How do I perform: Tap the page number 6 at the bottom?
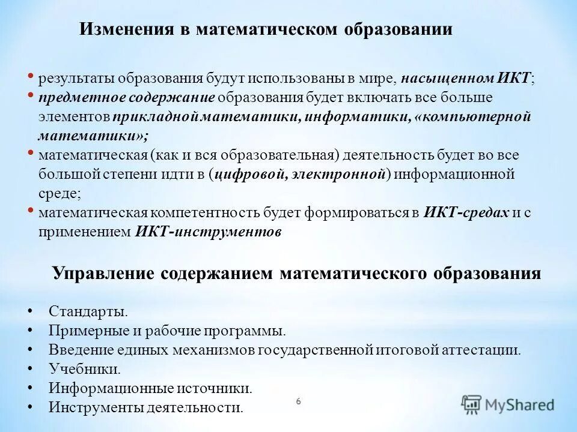(298, 400)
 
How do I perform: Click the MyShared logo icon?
(472, 404)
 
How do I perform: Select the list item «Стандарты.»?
(88, 312)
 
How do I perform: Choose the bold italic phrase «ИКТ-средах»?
(466, 213)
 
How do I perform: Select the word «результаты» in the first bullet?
(76, 78)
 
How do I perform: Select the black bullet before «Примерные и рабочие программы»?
(30, 331)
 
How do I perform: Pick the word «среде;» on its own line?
(59, 194)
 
